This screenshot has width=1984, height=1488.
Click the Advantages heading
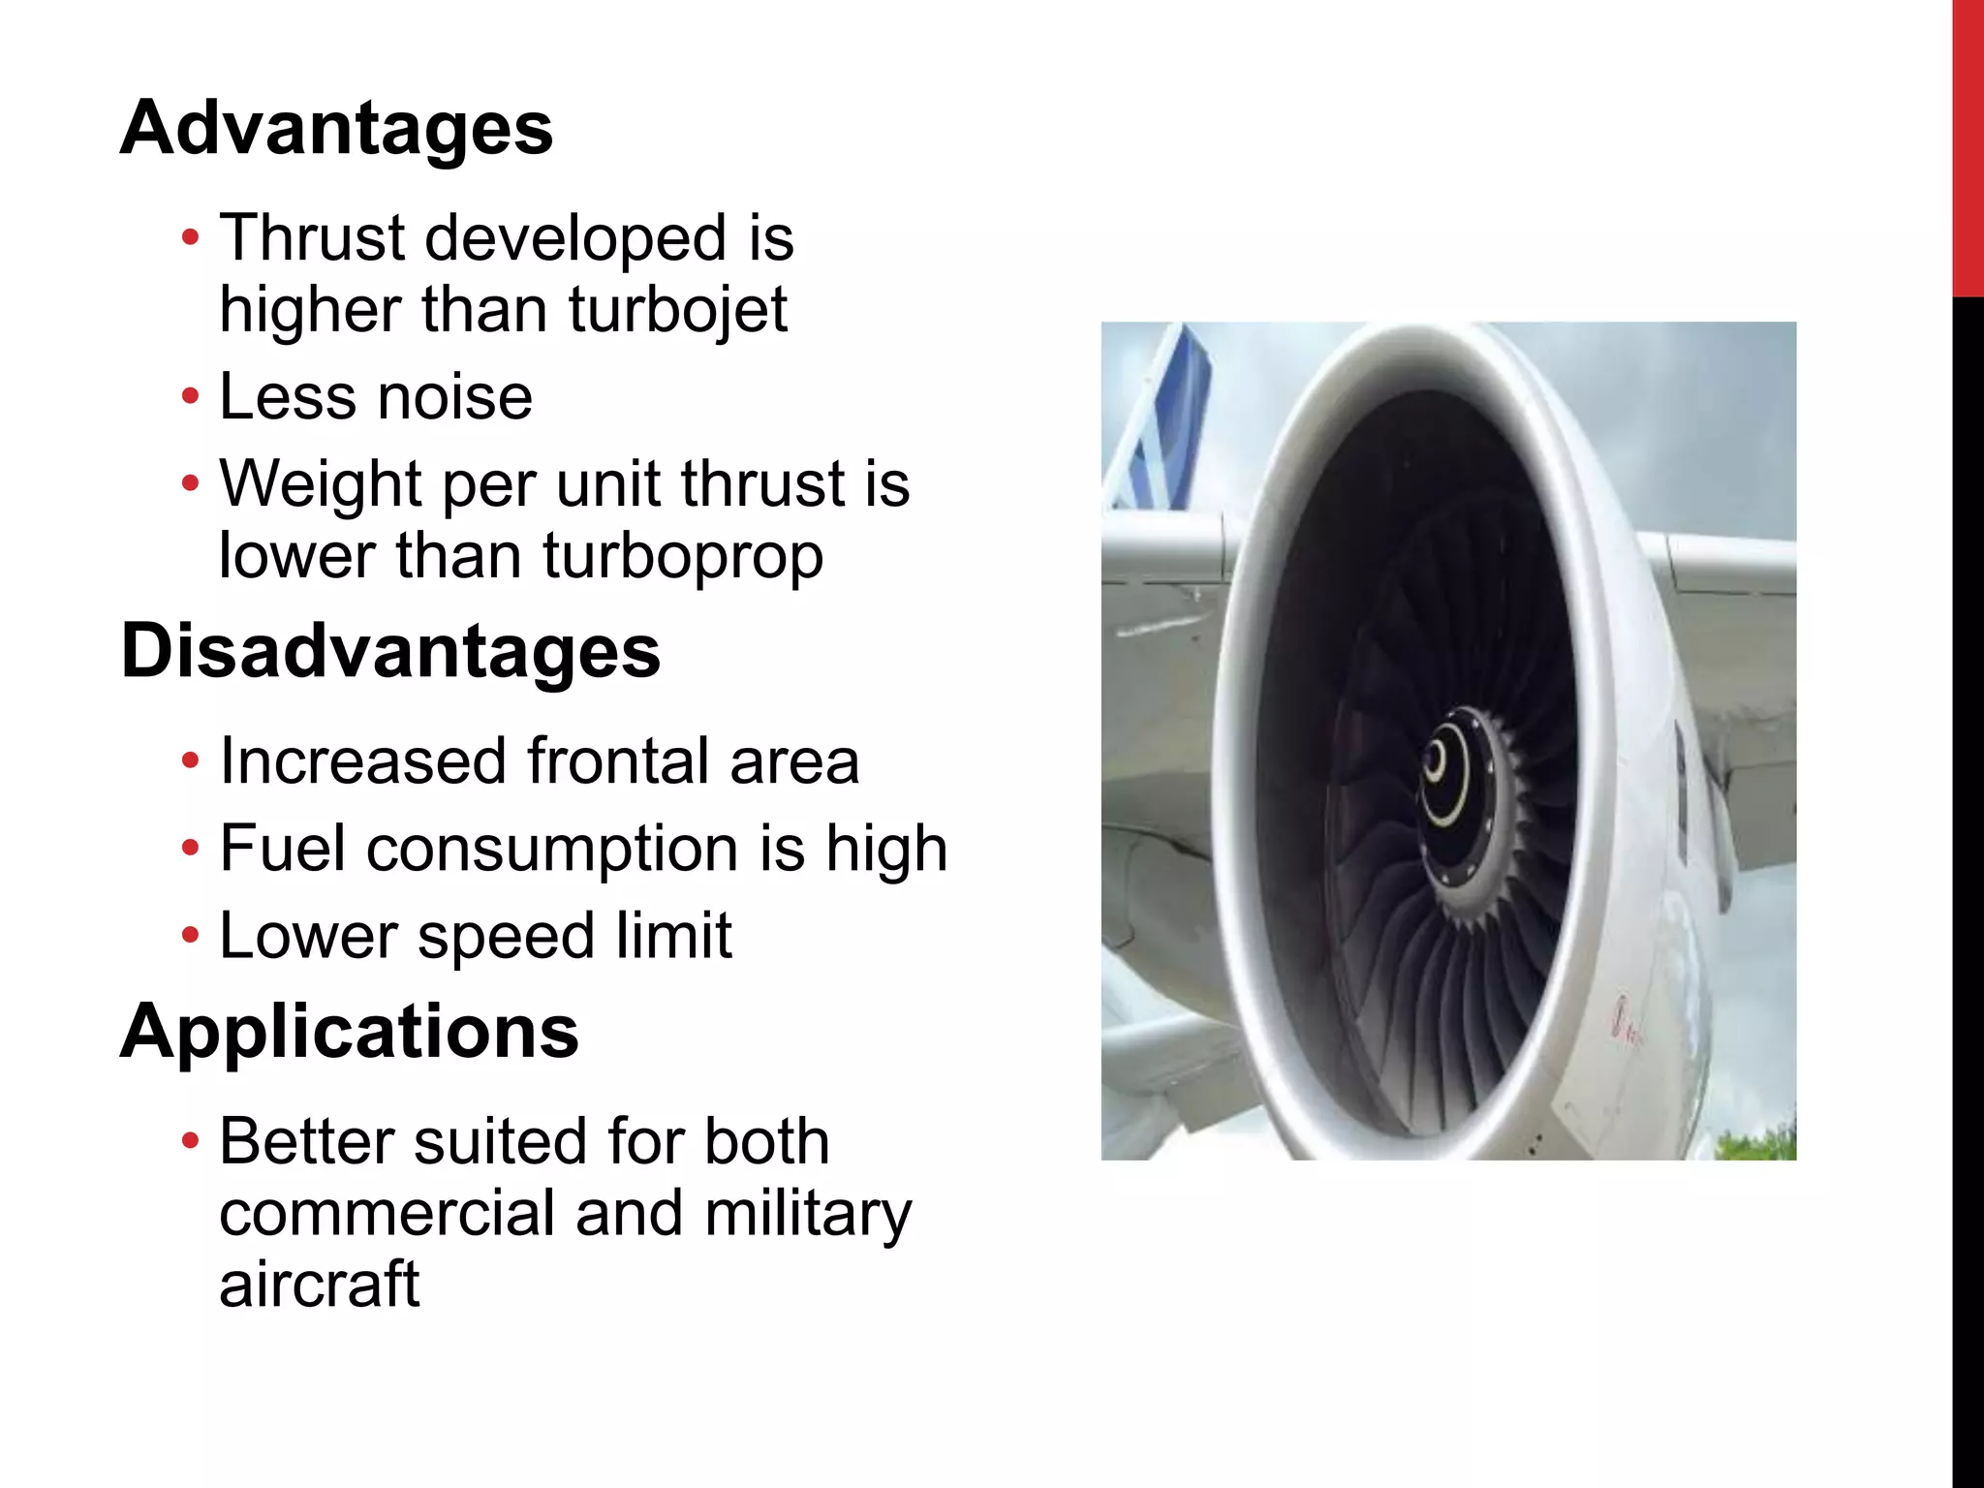tap(336, 128)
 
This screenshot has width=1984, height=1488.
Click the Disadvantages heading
tap(390, 651)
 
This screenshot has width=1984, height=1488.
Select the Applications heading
tap(349, 1031)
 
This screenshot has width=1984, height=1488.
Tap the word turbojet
tap(677, 310)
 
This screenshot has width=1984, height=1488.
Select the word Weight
tap(321, 483)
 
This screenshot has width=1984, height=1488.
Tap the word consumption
tap(552, 849)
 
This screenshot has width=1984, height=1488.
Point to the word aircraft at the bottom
tap(319, 1285)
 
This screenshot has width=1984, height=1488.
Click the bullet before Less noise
tap(191, 397)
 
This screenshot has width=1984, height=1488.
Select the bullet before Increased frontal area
tap(191, 761)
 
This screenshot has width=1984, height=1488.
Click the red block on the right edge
tap(1968, 145)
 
